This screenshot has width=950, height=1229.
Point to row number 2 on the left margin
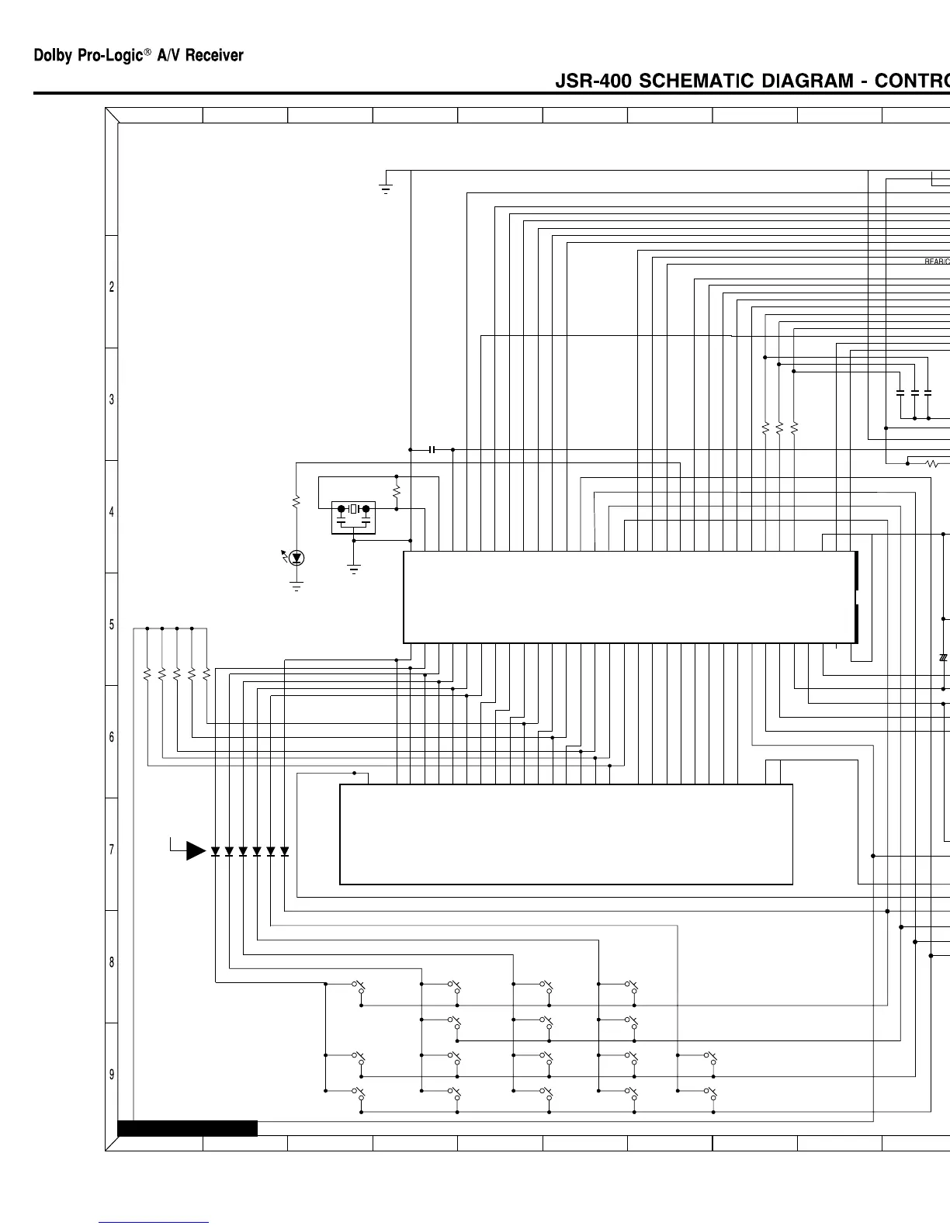(112, 287)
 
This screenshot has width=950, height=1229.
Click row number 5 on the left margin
(112, 625)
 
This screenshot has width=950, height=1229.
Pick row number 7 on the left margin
(112, 850)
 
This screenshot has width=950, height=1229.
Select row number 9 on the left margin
(112, 1075)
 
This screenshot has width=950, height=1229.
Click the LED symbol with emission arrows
(296, 557)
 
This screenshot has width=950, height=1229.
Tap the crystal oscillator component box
(353, 518)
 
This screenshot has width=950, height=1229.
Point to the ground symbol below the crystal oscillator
(354, 569)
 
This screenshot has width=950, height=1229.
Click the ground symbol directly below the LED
(296, 586)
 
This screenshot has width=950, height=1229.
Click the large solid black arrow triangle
(196, 851)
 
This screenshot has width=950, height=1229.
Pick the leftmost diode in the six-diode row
(215, 851)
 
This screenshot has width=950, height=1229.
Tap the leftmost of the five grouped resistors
(147, 675)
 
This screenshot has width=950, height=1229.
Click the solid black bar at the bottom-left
(187, 1128)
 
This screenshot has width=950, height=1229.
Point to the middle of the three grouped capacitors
(914, 393)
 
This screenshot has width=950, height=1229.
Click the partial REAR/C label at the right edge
(936, 261)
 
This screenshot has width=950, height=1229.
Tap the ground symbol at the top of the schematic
(386, 188)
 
